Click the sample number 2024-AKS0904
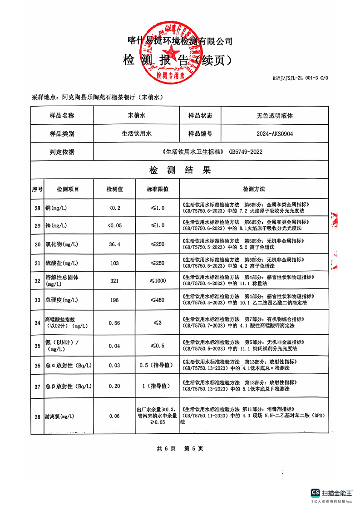point(275,134)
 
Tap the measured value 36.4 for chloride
point(114,245)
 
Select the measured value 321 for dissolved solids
point(114,281)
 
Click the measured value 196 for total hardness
point(114,300)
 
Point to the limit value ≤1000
point(158,281)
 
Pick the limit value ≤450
point(158,300)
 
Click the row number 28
point(37,208)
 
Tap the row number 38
point(37,416)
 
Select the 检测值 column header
point(114,189)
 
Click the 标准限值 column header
point(158,189)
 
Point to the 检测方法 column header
point(253,189)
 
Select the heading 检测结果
point(180,171)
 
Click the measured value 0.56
point(114,323)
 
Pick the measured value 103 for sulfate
point(114,263)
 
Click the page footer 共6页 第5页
point(180,448)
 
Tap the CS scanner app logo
point(316,493)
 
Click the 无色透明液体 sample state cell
point(275,116)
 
